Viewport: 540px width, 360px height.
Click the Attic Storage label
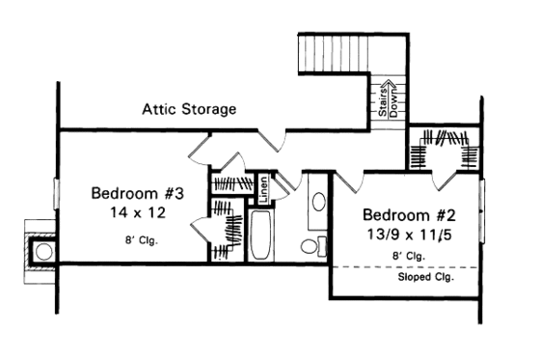189,109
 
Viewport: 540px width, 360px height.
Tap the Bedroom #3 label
137,192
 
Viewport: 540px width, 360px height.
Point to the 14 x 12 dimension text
137,210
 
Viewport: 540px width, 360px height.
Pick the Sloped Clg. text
425,278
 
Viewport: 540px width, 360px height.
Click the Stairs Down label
387,97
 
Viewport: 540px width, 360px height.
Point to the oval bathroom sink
319,204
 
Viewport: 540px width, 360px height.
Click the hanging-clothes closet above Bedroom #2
444,152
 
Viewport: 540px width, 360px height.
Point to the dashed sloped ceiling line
405,266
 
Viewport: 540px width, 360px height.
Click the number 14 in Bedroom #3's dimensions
103,210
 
